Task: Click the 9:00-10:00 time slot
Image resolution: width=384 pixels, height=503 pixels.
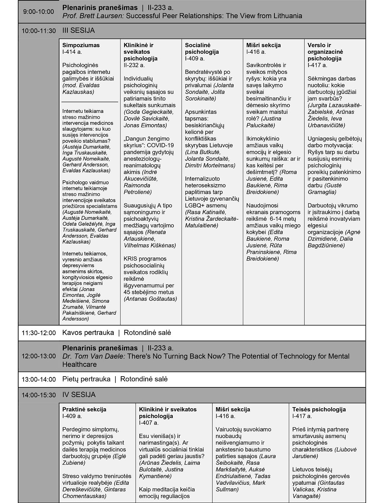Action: pos(39,12)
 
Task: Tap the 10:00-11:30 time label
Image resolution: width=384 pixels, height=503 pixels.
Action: pos(39,31)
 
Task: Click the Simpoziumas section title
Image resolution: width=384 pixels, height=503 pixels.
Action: pos(81,45)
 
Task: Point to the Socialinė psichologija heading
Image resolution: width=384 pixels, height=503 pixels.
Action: pos(202,48)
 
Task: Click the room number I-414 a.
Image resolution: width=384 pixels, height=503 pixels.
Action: pos(72,52)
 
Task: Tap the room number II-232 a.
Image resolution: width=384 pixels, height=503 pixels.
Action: pos(134,65)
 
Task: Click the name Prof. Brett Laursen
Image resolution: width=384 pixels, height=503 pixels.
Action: pos(93,16)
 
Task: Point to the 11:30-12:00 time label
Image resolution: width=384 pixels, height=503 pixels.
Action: pos(39,333)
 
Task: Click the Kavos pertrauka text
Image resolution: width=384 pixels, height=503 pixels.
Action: pos(88,332)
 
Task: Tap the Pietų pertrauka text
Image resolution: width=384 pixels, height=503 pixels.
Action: pos(86,379)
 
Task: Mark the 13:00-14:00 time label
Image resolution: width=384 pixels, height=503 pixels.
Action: pos(39,380)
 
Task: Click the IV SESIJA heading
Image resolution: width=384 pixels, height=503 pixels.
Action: pos(79,395)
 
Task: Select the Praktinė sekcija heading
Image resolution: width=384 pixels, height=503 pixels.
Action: pos(84,409)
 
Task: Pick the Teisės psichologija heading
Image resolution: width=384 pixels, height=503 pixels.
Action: pos(319,409)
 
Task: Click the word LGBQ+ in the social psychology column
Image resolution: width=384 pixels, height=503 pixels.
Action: pos(196,205)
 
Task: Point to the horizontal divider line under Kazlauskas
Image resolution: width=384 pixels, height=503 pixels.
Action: pos(90,102)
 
